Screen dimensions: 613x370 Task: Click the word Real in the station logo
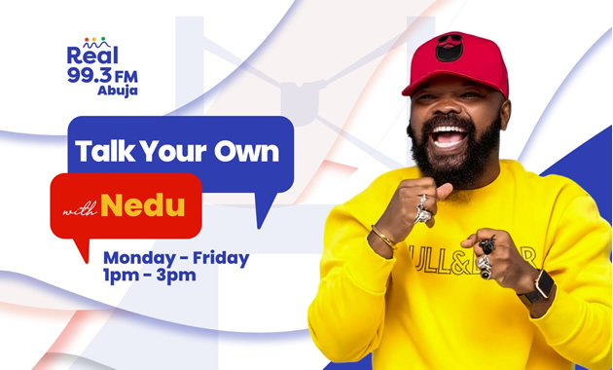(x=92, y=55)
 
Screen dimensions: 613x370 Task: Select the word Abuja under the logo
(x=118, y=91)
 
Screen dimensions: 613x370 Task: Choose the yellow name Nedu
(x=143, y=205)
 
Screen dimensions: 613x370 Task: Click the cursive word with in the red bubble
(x=80, y=211)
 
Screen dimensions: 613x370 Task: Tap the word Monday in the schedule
(x=139, y=259)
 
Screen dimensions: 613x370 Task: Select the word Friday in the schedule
(x=221, y=258)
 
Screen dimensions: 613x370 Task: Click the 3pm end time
(x=176, y=276)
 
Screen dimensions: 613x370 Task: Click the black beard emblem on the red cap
(x=450, y=48)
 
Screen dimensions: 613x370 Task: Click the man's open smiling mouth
(x=450, y=137)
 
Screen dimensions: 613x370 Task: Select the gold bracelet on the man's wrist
(x=383, y=237)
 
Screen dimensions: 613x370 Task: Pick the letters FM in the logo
(x=126, y=77)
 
